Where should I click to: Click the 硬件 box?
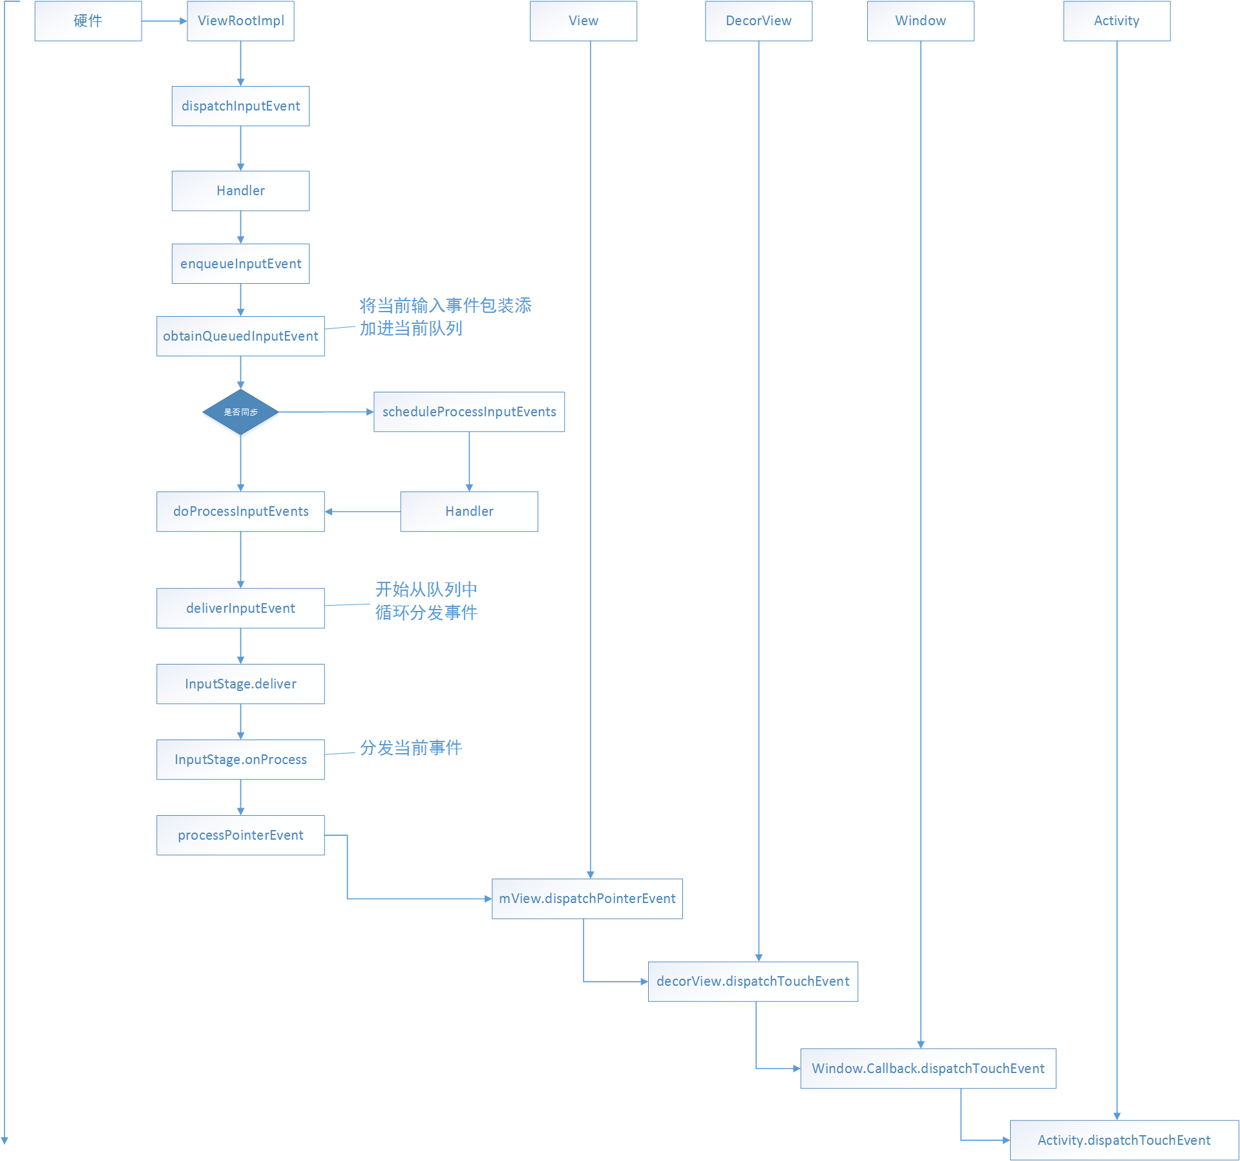click(x=88, y=21)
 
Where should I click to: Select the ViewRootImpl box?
click(x=240, y=21)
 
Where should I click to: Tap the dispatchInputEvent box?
click(x=240, y=106)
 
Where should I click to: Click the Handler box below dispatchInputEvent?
click(x=240, y=191)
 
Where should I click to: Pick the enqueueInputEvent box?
click(x=240, y=264)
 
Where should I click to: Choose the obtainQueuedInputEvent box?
click(x=240, y=336)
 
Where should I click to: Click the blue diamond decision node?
click(x=240, y=412)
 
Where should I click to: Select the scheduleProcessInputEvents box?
click(x=468, y=412)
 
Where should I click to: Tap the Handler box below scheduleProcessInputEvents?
click(x=468, y=511)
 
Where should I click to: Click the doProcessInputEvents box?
click(x=240, y=511)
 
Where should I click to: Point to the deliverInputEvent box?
click(x=240, y=608)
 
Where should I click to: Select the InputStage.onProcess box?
click(x=240, y=760)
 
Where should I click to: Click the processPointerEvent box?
click(x=240, y=835)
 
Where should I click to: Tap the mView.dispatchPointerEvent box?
click(x=587, y=899)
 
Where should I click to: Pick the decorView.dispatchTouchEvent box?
click(x=753, y=981)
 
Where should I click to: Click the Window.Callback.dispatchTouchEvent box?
click(x=928, y=1069)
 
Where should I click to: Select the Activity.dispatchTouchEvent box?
click(x=1124, y=1140)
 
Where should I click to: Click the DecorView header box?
click(x=759, y=21)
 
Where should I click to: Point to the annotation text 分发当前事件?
click(x=411, y=748)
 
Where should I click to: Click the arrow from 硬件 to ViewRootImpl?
click(x=164, y=21)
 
